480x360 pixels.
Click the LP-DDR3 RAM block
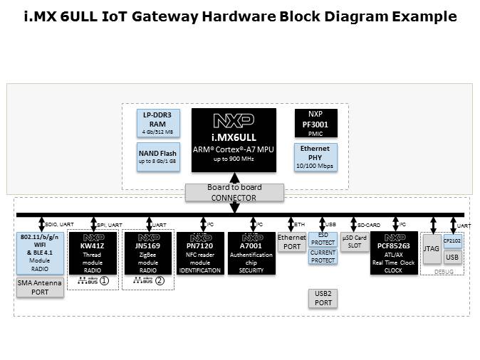[x=158, y=123]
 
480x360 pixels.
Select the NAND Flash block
[x=158, y=156]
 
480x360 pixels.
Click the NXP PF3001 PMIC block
[x=315, y=122]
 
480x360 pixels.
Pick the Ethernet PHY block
[x=315, y=157]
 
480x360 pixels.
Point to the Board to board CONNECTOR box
[x=234, y=193]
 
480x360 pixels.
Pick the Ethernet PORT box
[x=291, y=242]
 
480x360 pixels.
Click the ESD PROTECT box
[x=323, y=239]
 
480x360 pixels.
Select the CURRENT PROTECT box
[x=323, y=256]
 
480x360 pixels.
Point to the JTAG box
[x=432, y=250]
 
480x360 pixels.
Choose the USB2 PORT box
[x=323, y=297]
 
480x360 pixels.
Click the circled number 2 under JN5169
[x=160, y=281]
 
